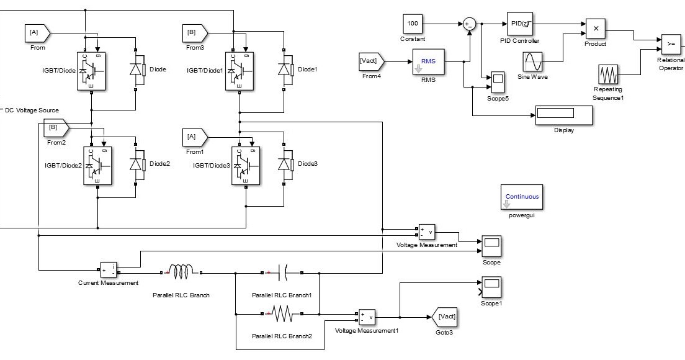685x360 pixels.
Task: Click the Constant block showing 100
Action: pyautogui.click(x=413, y=24)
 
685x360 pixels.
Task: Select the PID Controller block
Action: pyautogui.click(x=519, y=24)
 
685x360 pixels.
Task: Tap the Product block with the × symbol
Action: pyautogui.click(x=596, y=29)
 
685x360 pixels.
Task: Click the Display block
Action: pyautogui.click(x=564, y=115)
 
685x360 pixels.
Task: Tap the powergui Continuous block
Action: pyautogui.click(x=522, y=197)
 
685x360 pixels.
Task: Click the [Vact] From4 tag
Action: pyautogui.click(x=371, y=61)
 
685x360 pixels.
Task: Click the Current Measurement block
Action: pyautogui.click(x=108, y=271)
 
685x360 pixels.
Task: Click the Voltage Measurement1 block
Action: pyautogui.click(x=366, y=317)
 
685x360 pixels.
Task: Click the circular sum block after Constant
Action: pyautogui.click(x=469, y=24)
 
